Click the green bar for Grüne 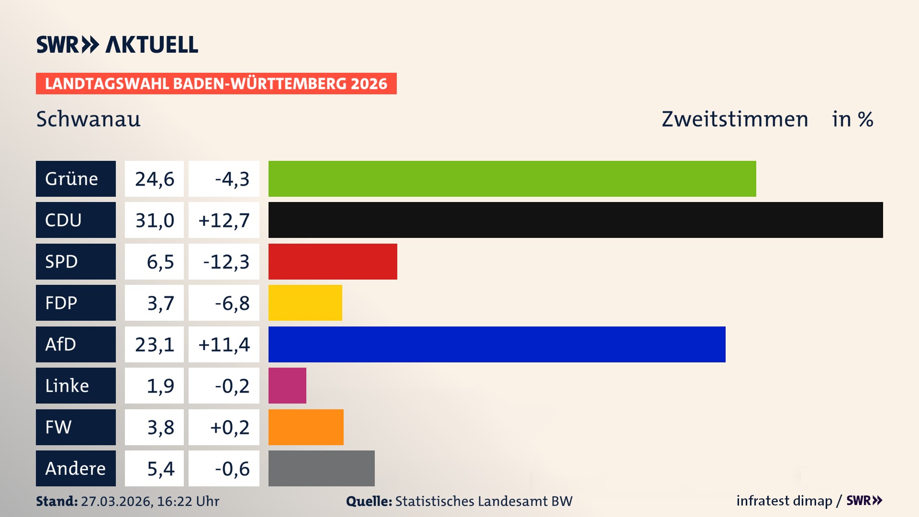pyautogui.click(x=512, y=179)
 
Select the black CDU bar pyautogui.click(x=575, y=220)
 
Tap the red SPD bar pyautogui.click(x=333, y=261)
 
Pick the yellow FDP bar pyautogui.click(x=305, y=303)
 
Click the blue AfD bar pyautogui.click(x=497, y=344)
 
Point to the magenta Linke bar pyautogui.click(x=287, y=385)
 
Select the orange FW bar pyautogui.click(x=306, y=427)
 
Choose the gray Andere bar pyautogui.click(x=321, y=468)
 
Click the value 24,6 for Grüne pyautogui.click(x=154, y=179)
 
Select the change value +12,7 pyautogui.click(x=224, y=220)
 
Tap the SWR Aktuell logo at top pyautogui.click(x=117, y=45)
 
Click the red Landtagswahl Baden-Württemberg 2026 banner pyautogui.click(x=216, y=83)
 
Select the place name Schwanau pyautogui.click(x=89, y=119)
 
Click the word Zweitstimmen pyautogui.click(x=735, y=119)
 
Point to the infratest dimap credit pyautogui.click(x=784, y=501)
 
